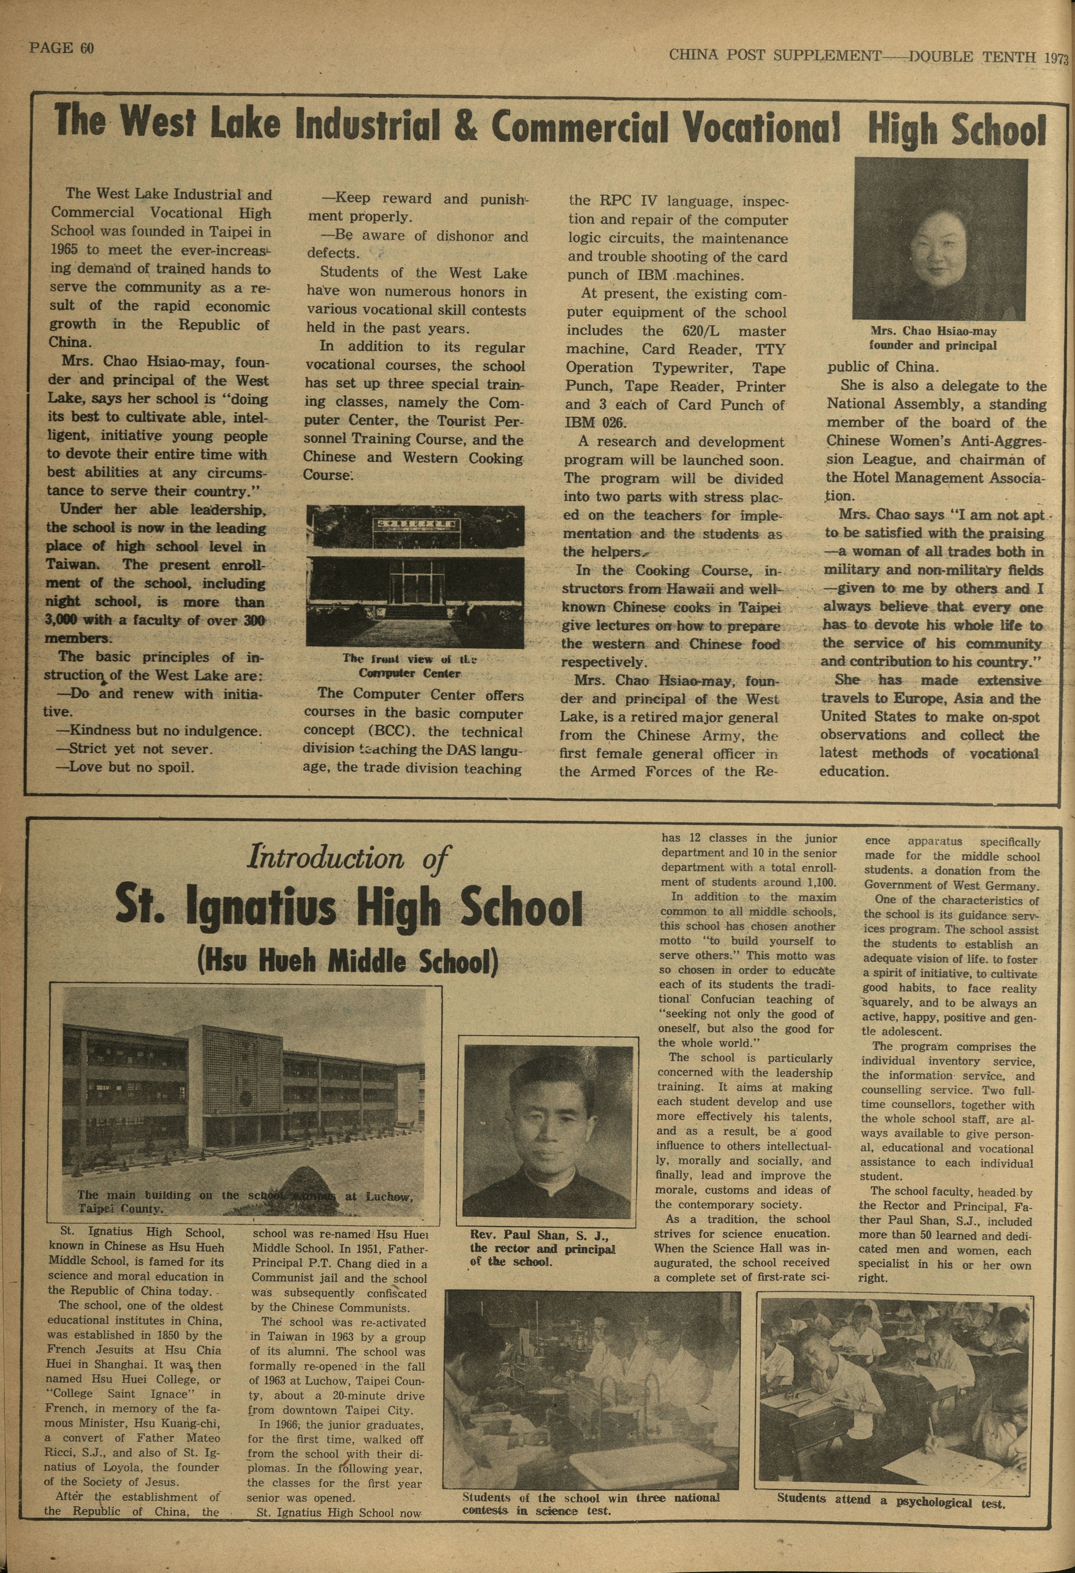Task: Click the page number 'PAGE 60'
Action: [x=61, y=48]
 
